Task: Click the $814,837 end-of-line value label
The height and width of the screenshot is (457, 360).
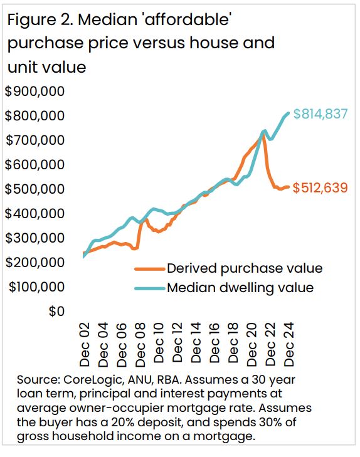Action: point(320,115)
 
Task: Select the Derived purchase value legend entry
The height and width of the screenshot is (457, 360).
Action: point(244,268)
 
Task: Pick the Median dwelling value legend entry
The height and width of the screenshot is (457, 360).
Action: point(240,288)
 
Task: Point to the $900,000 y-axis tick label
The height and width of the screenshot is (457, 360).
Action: point(35,92)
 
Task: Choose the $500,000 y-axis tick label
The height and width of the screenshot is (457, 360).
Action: point(35,189)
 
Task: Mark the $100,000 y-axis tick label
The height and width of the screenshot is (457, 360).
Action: point(35,287)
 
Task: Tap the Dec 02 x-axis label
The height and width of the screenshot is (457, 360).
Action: point(85,344)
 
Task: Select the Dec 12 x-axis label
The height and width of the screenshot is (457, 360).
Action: point(177,344)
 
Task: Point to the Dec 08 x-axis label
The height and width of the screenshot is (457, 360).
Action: point(140,344)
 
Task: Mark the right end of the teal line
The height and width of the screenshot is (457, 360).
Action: point(288,113)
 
